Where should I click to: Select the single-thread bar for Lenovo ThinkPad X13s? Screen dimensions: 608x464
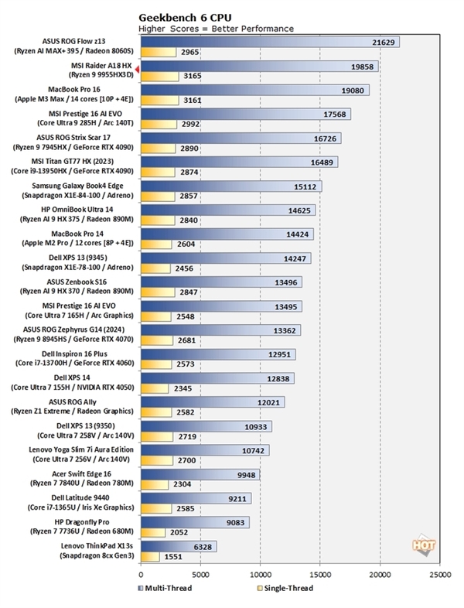[x=150, y=556]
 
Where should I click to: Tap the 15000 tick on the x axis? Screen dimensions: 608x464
[x=320, y=576]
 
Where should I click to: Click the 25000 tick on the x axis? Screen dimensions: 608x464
[x=440, y=576]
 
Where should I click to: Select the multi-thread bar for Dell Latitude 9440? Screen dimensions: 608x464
[x=196, y=498]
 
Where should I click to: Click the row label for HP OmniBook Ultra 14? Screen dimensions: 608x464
[x=78, y=214]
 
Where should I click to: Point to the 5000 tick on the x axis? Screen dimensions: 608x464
[x=200, y=576]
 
